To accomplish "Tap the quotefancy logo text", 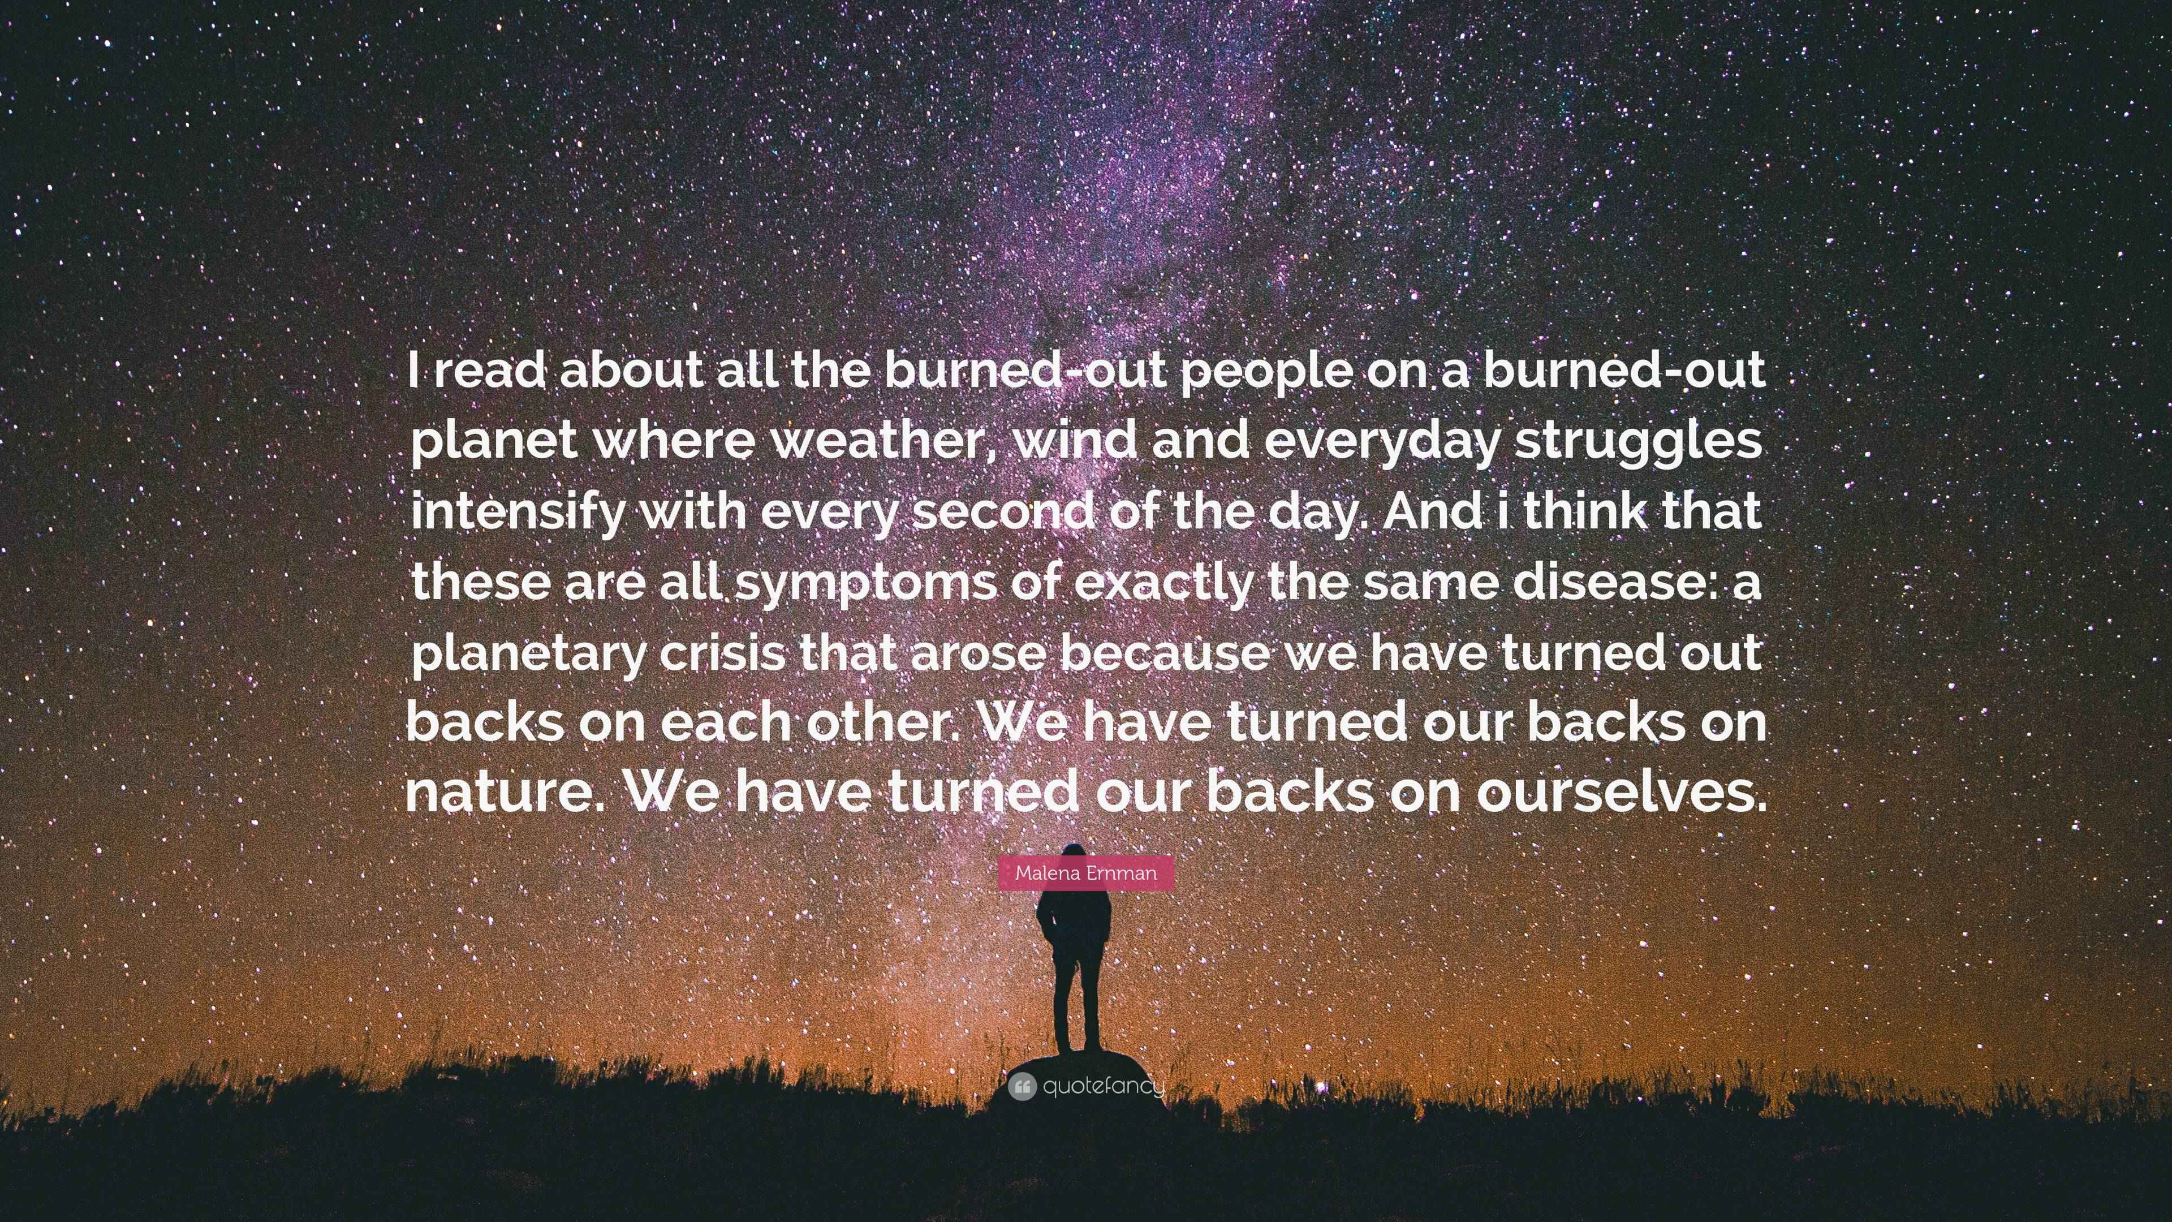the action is tap(1103, 1086).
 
